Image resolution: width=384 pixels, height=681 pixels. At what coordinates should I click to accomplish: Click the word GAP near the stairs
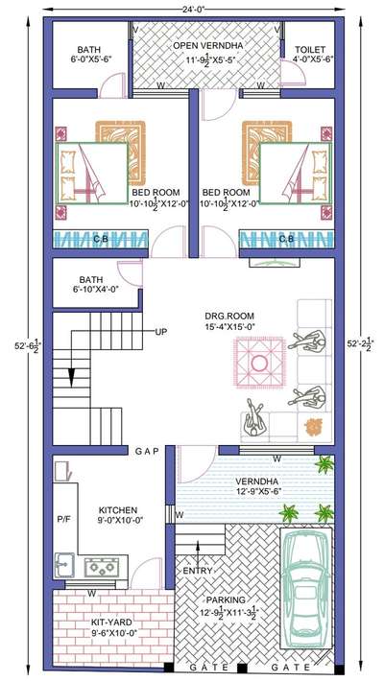(146, 450)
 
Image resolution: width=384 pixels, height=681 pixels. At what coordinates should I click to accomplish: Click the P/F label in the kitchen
(63, 519)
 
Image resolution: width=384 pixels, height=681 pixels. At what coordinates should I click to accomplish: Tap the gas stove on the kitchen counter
(100, 566)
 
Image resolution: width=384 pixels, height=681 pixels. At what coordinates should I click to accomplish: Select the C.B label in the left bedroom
(100, 239)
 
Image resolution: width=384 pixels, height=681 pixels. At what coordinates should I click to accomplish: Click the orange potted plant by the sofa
(312, 423)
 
